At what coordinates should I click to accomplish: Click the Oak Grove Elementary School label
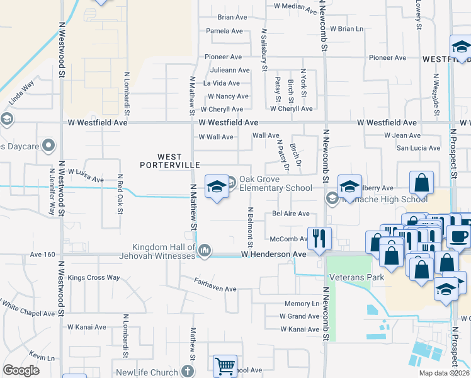(x=276, y=183)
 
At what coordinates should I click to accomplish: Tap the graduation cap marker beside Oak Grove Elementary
(x=217, y=187)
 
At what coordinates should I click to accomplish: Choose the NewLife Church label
(x=147, y=372)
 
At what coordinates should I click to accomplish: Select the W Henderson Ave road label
(x=273, y=255)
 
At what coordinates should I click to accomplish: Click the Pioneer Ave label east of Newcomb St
(x=388, y=58)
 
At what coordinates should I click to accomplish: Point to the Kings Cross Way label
(x=94, y=277)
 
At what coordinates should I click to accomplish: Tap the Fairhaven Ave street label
(x=215, y=285)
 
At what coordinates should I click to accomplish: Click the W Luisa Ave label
(x=86, y=175)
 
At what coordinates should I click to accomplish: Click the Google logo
(x=21, y=370)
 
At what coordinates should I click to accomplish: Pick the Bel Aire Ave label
(x=291, y=214)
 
